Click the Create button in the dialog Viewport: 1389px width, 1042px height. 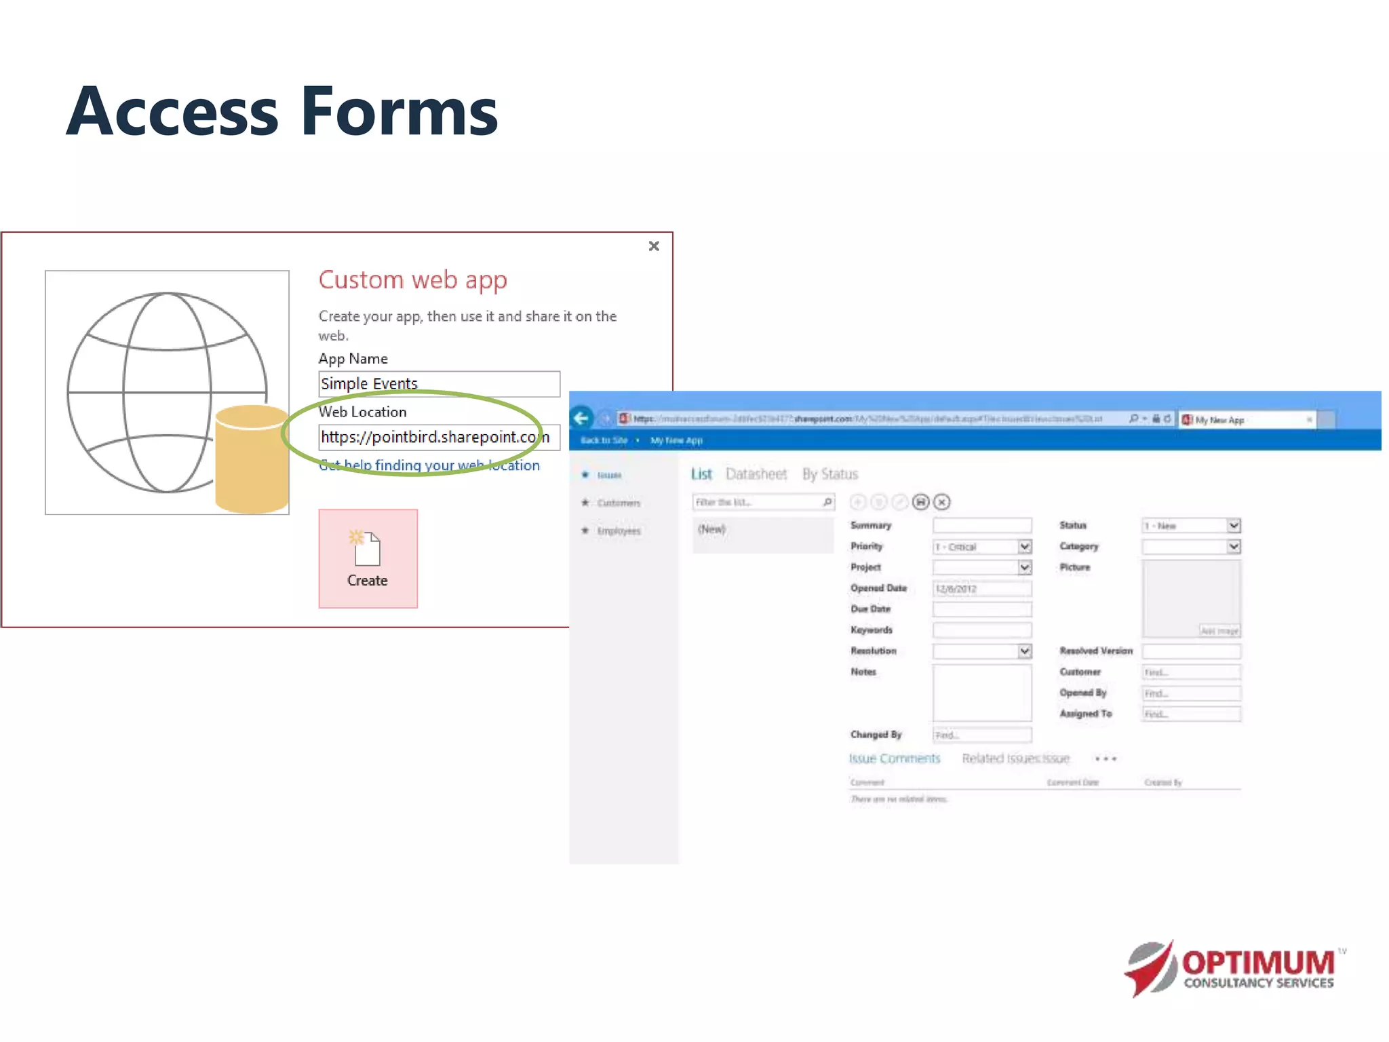[368, 558]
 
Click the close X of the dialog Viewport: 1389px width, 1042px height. [654, 246]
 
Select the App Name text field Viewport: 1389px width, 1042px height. [439, 384]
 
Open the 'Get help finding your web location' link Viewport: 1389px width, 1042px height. [430, 465]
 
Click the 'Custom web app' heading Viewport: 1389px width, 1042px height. [412, 280]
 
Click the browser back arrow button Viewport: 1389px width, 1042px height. [581, 419]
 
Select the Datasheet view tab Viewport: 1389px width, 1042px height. [756, 474]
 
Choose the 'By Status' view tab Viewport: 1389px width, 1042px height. [829, 474]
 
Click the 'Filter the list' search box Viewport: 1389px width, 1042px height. [756, 502]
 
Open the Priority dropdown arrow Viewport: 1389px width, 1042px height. [1025, 547]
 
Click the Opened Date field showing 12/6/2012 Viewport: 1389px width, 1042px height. [981, 589]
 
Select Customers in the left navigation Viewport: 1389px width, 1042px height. [618, 503]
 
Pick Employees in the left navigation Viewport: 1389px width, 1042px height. [618, 530]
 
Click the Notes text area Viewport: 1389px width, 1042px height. [981, 693]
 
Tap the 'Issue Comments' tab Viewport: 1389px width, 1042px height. [894, 758]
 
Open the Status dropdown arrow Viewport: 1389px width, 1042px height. [1234, 526]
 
